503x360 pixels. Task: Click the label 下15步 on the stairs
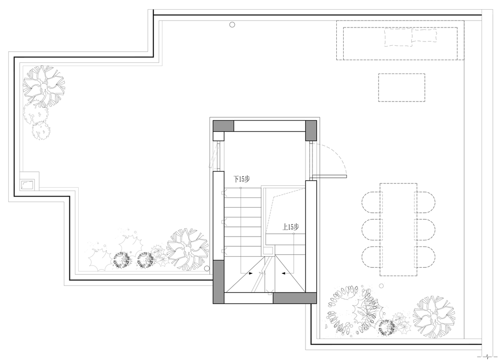(x=241, y=179)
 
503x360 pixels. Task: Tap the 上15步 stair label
(x=291, y=227)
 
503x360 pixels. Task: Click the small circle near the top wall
(x=232, y=25)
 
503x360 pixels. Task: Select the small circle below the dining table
(x=381, y=285)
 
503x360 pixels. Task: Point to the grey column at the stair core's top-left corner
(x=224, y=126)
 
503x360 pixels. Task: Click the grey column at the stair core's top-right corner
(x=311, y=130)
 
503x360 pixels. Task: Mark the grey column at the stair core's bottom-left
(x=218, y=282)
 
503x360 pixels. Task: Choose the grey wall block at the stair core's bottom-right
(x=294, y=298)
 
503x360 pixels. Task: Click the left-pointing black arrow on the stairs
(x=284, y=274)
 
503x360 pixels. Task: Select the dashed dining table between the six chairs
(x=398, y=230)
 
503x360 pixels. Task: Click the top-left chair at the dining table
(x=372, y=203)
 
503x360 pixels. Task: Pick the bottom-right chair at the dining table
(x=425, y=257)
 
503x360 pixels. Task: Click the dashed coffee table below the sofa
(x=401, y=88)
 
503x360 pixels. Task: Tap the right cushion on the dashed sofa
(x=424, y=36)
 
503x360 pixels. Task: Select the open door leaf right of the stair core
(x=330, y=176)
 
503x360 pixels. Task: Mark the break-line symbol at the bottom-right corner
(x=487, y=356)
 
